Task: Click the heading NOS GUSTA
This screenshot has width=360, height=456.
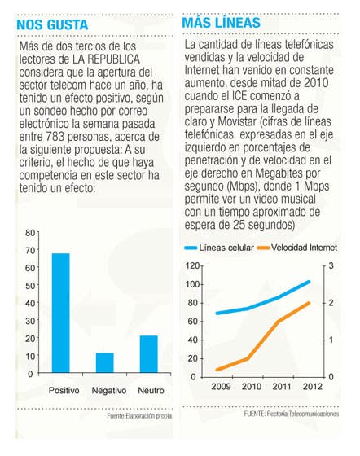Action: pos(52,24)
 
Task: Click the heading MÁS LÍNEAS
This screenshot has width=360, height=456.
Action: pos(222,23)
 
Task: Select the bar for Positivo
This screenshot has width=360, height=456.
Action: pos(61,313)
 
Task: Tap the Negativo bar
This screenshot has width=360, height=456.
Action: pos(105,362)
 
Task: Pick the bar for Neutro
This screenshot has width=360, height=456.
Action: pos(149,354)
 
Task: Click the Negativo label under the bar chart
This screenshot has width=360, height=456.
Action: pos(109,390)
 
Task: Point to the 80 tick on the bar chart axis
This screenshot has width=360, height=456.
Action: pos(30,233)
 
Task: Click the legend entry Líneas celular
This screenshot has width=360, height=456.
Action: pos(219,248)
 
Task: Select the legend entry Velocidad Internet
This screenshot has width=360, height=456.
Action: pos(297,248)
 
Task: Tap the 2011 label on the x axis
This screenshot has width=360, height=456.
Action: pos(282,387)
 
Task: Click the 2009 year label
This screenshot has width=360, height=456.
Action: pos(221,387)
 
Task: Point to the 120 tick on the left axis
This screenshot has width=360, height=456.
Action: pos(193,265)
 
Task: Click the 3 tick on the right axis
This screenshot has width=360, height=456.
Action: pos(331,265)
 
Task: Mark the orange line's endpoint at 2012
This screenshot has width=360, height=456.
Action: pos(309,303)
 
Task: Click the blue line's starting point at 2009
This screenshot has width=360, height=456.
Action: pos(217,313)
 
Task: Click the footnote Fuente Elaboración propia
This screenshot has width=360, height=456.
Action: pos(139,416)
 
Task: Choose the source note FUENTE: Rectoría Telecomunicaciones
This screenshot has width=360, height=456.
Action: pos(292,414)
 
